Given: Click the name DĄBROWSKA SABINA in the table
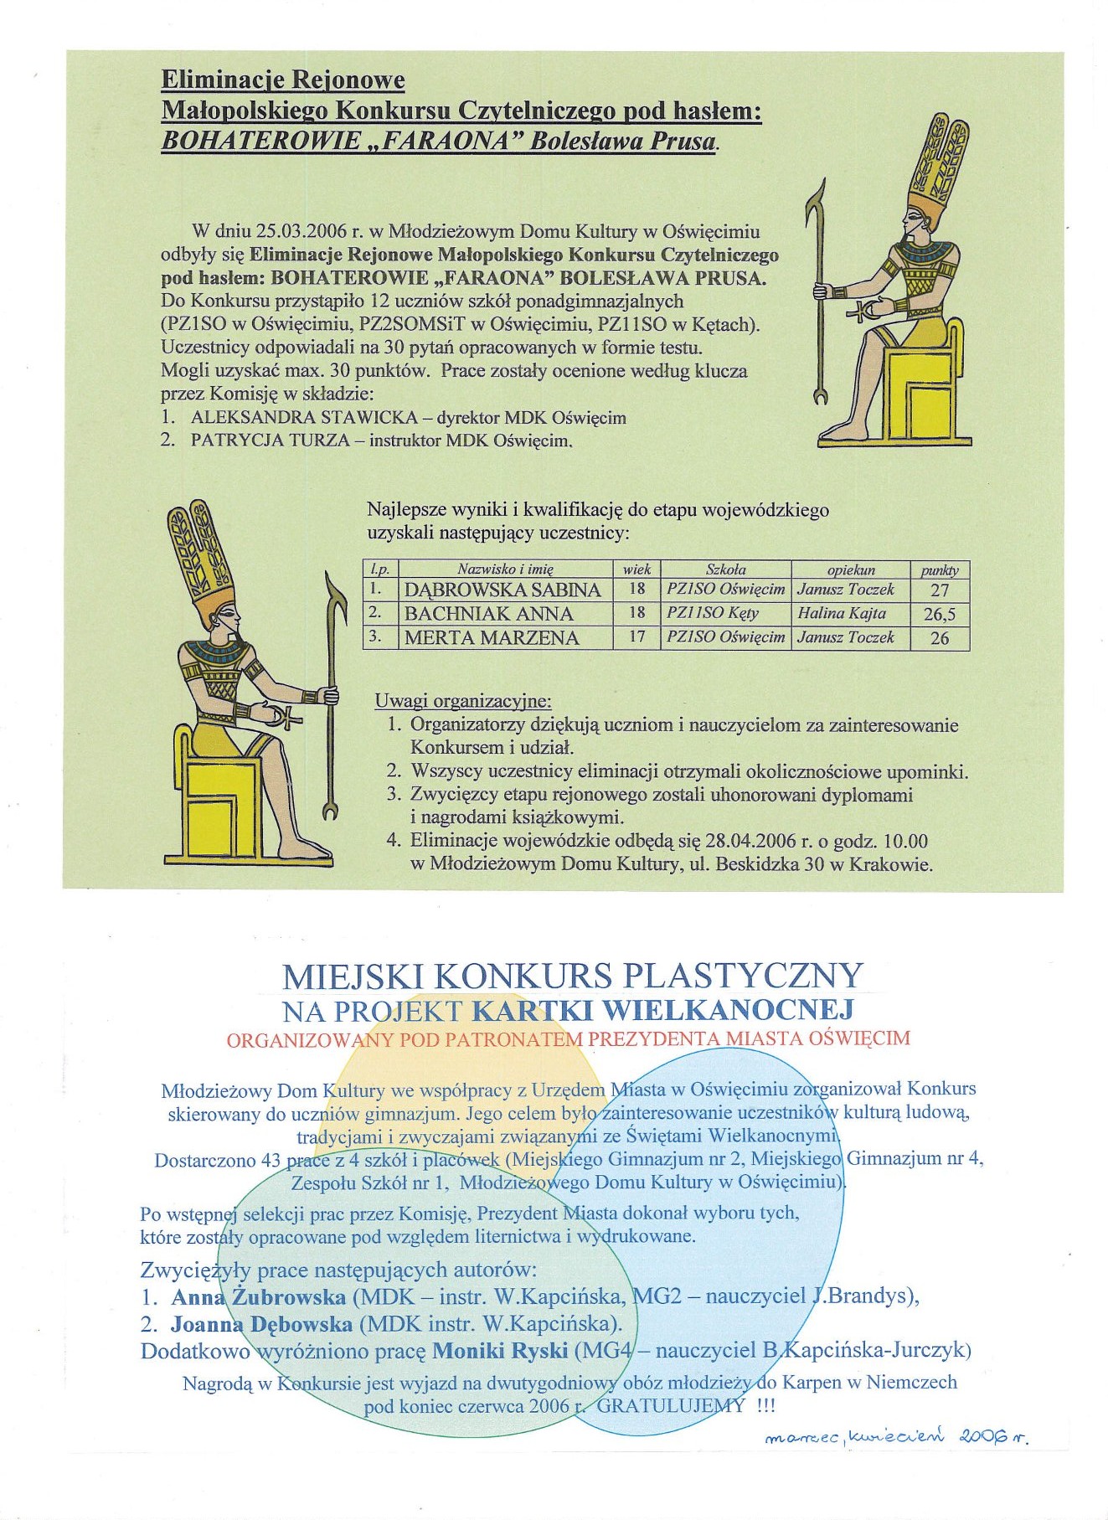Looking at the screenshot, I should (502, 590).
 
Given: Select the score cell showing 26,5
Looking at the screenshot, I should (939, 615).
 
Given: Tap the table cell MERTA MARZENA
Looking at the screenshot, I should (492, 638).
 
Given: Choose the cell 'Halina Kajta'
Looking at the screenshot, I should (841, 614).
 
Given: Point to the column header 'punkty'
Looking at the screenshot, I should (939, 570).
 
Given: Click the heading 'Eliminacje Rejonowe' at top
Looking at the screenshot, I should (283, 80).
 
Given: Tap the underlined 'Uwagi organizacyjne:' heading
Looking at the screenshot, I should (462, 701).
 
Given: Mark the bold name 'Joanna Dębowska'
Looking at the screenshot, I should (261, 1324).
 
